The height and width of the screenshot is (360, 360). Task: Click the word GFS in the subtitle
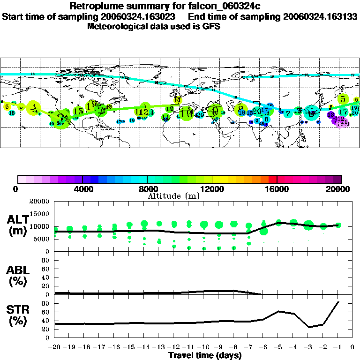(x=212, y=26)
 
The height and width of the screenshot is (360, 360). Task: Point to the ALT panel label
(x=17, y=224)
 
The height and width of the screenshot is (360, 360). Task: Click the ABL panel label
(x=17, y=274)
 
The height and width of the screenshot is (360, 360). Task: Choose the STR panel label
(x=17, y=314)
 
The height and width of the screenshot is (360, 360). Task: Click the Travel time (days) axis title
(x=205, y=356)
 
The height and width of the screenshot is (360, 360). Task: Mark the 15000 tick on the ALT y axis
(x=41, y=214)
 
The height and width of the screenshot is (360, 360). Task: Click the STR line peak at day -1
(x=338, y=302)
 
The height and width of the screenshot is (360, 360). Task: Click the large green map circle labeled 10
(x=187, y=113)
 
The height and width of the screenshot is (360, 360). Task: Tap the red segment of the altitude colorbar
(x=272, y=179)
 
